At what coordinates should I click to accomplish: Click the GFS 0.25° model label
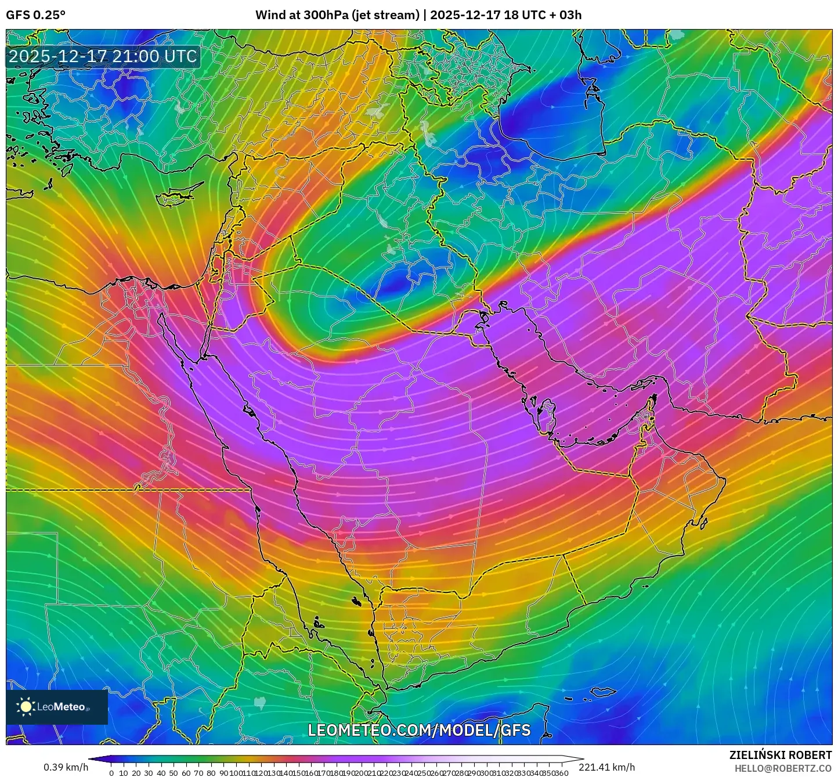point(35,15)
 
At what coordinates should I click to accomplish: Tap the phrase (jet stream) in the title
point(385,15)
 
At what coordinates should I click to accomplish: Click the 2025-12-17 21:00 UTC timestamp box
point(103,57)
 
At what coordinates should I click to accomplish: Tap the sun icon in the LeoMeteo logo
point(26,707)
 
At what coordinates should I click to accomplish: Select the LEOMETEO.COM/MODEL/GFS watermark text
point(419,730)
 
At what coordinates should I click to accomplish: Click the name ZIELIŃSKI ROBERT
point(781,755)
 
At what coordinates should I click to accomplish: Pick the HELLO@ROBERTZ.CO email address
point(783,768)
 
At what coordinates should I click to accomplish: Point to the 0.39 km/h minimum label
point(66,768)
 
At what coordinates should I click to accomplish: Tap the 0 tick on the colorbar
point(111,773)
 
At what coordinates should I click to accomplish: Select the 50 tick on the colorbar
point(174,773)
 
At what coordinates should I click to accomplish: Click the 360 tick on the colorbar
point(562,773)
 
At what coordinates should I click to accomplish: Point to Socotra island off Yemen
point(604,692)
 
